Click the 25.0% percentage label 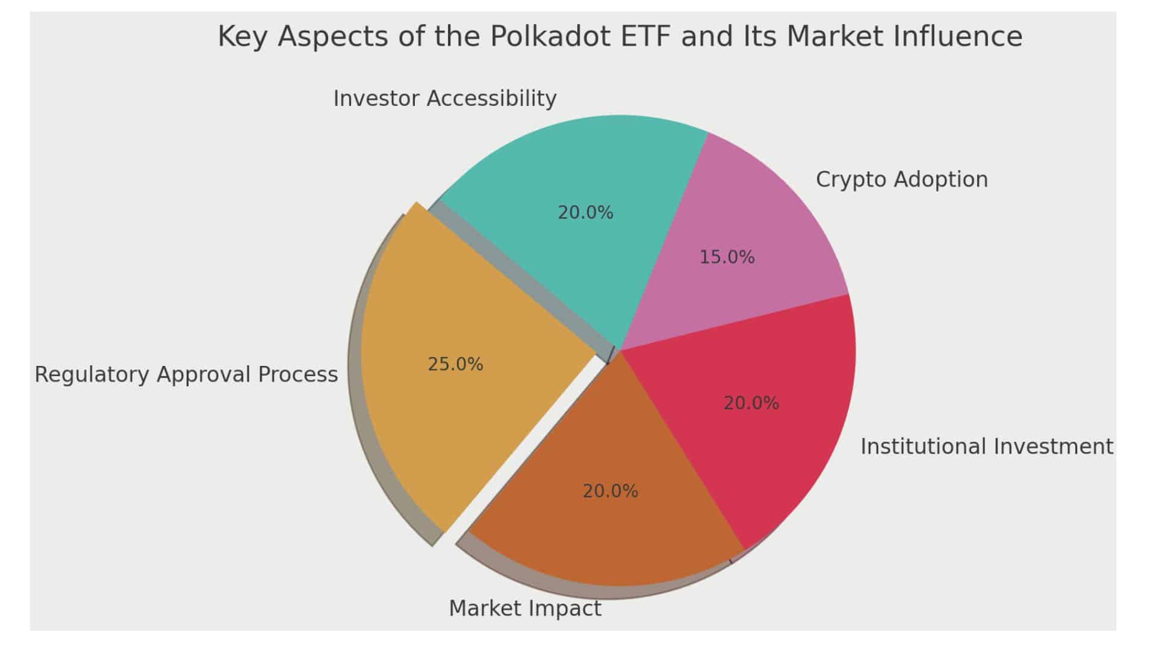(x=455, y=365)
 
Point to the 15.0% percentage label (x=727, y=258)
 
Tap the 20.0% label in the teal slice (x=585, y=213)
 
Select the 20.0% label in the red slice (x=751, y=403)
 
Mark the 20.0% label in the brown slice (x=610, y=492)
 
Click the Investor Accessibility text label (x=444, y=98)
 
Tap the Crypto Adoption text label (x=901, y=179)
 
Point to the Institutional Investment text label (x=986, y=447)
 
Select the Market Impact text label (x=525, y=608)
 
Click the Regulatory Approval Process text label (x=186, y=374)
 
